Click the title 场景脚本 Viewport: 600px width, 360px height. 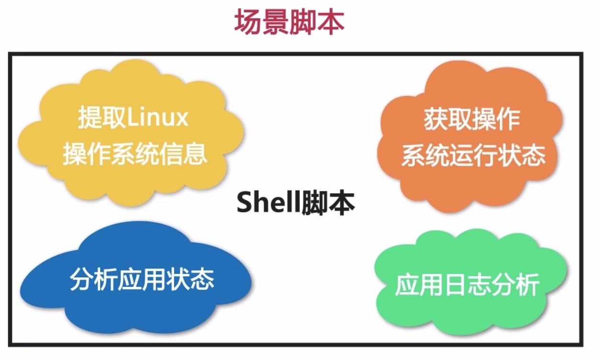pyautogui.click(x=289, y=22)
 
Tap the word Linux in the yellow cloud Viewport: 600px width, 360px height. pyautogui.click(x=157, y=117)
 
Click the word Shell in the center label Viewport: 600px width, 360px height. pyautogui.click(x=268, y=202)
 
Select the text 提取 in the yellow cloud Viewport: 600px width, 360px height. pyautogui.click(x=102, y=117)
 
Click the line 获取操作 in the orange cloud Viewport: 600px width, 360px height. pyautogui.click(x=472, y=120)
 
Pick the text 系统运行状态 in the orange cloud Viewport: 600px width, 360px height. pyautogui.click(x=473, y=156)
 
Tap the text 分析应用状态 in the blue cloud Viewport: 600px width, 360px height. pyautogui.click(x=142, y=279)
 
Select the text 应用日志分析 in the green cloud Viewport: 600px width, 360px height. pyautogui.click(x=467, y=285)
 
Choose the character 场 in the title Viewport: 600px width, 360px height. pyautogui.click(x=248, y=22)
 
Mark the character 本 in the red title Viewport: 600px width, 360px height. pyautogui.click(x=331, y=22)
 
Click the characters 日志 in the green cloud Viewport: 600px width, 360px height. pyautogui.click(x=467, y=285)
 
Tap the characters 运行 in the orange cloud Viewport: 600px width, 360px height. pyautogui.click(x=473, y=156)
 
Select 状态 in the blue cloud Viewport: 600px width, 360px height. pyautogui.click(x=190, y=279)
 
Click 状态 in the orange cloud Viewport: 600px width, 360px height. pyautogui.click(x=522, y=156)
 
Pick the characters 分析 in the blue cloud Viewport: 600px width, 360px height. pyautogui.click(x=94, y=279)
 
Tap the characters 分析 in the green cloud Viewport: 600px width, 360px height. pyautogui.click(x=516, y=285)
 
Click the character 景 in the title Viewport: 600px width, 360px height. pyautogui.click(x=276, y=22)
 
